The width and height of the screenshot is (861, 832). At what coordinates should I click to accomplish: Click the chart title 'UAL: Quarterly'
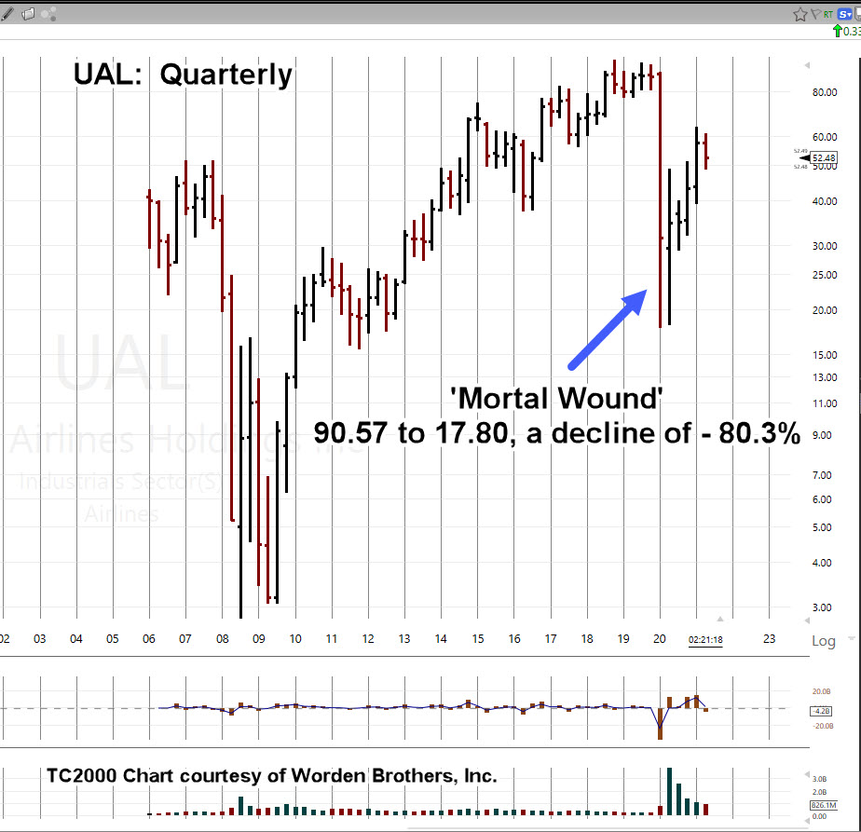coord(183,75)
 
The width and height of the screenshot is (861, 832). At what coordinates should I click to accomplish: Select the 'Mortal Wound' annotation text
coord(556,399)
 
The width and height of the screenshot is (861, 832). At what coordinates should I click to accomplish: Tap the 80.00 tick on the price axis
coord(824,92)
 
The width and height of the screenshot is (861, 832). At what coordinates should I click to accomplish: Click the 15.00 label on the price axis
coord(824,355)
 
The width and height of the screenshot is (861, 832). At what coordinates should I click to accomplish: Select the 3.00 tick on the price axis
coord(822,607)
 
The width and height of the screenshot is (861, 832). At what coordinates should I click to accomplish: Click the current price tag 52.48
coord(824,157)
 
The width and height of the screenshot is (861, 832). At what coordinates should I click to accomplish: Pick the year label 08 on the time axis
coord(222,640)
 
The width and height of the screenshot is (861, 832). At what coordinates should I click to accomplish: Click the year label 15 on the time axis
coord(478,640)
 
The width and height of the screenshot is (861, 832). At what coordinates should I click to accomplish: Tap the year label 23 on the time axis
coord(769,640)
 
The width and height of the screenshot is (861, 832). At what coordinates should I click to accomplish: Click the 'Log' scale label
coord(824,641)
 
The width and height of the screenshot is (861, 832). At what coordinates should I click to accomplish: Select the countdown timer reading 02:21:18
coord(705,641)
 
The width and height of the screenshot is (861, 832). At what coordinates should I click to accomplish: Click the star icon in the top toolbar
coord(799,14)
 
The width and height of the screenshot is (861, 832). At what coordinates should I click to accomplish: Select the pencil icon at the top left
coord(7,13)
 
